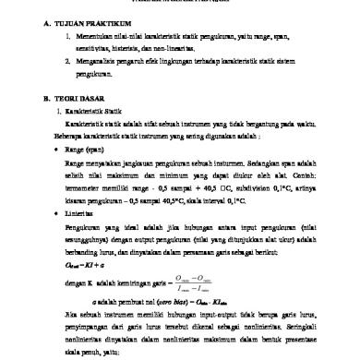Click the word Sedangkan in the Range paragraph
pos(259,161)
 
